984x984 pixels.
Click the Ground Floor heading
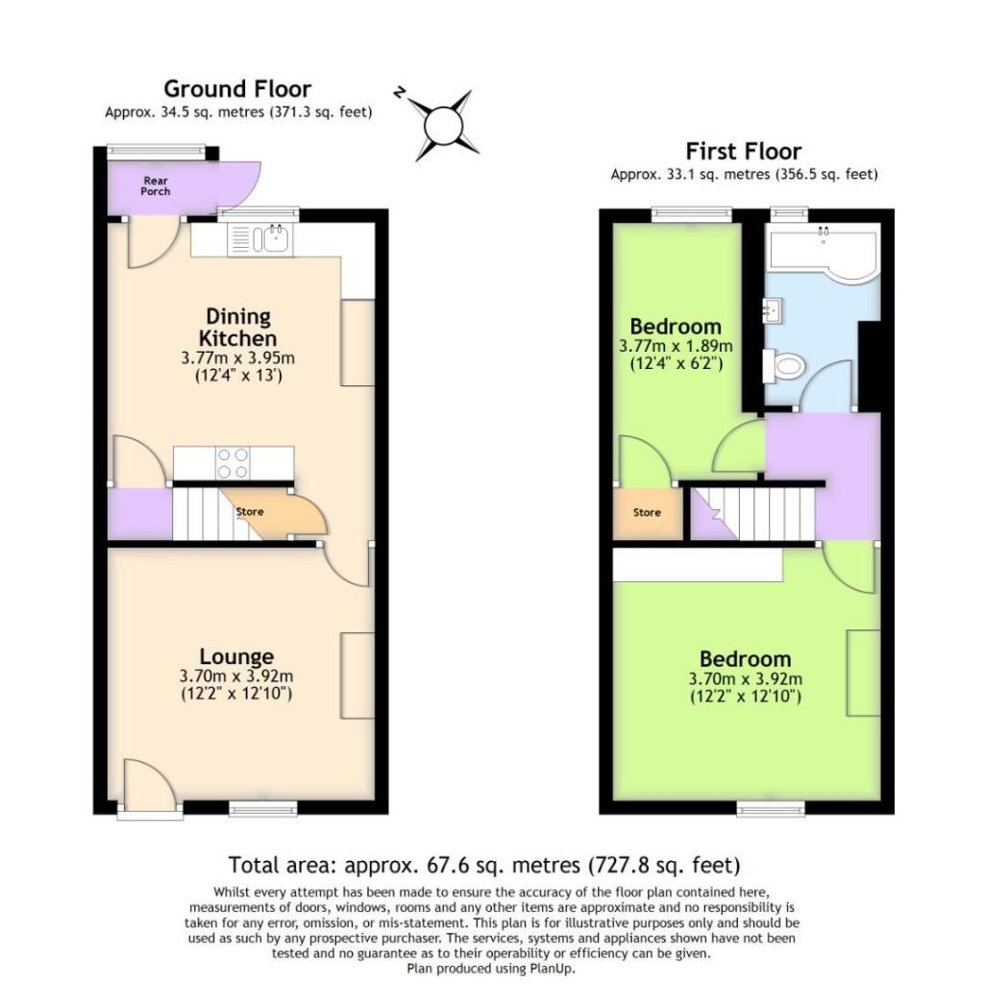(236, 89)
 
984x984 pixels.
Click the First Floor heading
(743, 151)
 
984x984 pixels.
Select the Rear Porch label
(156, 185)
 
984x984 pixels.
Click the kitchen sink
(274, 238)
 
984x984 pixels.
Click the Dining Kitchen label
(237, 327)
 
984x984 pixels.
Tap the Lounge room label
(236, 656)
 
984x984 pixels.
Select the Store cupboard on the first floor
(647, 513)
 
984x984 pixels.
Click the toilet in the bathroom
(783, 366)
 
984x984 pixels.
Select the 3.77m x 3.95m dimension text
(237, 357)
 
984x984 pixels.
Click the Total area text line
(484, 863)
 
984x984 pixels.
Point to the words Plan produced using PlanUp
(491, 969)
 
